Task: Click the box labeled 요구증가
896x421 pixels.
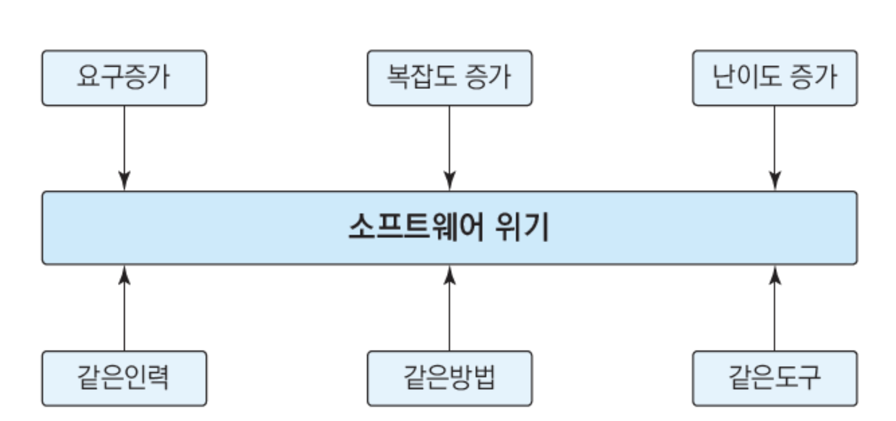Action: tap(124, 78)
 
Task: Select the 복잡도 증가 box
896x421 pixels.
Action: tap(450, 78)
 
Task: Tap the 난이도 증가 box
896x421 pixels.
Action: tap(775, 78)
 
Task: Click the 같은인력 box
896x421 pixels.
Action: tap(124, 379)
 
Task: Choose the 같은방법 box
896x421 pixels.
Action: tap(450, 379)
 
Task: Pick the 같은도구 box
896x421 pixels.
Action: tap(775, 379)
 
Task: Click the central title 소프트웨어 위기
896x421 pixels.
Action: tap(449, 228)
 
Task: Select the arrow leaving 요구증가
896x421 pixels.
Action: tap(124, 148)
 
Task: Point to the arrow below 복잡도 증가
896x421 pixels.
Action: tap(450, 148)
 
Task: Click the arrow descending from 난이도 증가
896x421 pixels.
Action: tap(774, 148)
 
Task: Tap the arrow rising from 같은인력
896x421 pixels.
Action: tap(124, 308)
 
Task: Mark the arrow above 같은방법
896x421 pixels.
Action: tap(450, 308)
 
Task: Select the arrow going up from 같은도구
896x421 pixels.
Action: tap(774, 308)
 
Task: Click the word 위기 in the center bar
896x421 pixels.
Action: tap(522, 228)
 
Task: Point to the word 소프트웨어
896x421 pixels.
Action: tap(415, 228)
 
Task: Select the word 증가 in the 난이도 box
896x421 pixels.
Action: tap(813, 77)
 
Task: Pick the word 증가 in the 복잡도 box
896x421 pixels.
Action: tap(488, 77)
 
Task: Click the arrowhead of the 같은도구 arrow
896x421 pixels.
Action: tap(774, 275)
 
